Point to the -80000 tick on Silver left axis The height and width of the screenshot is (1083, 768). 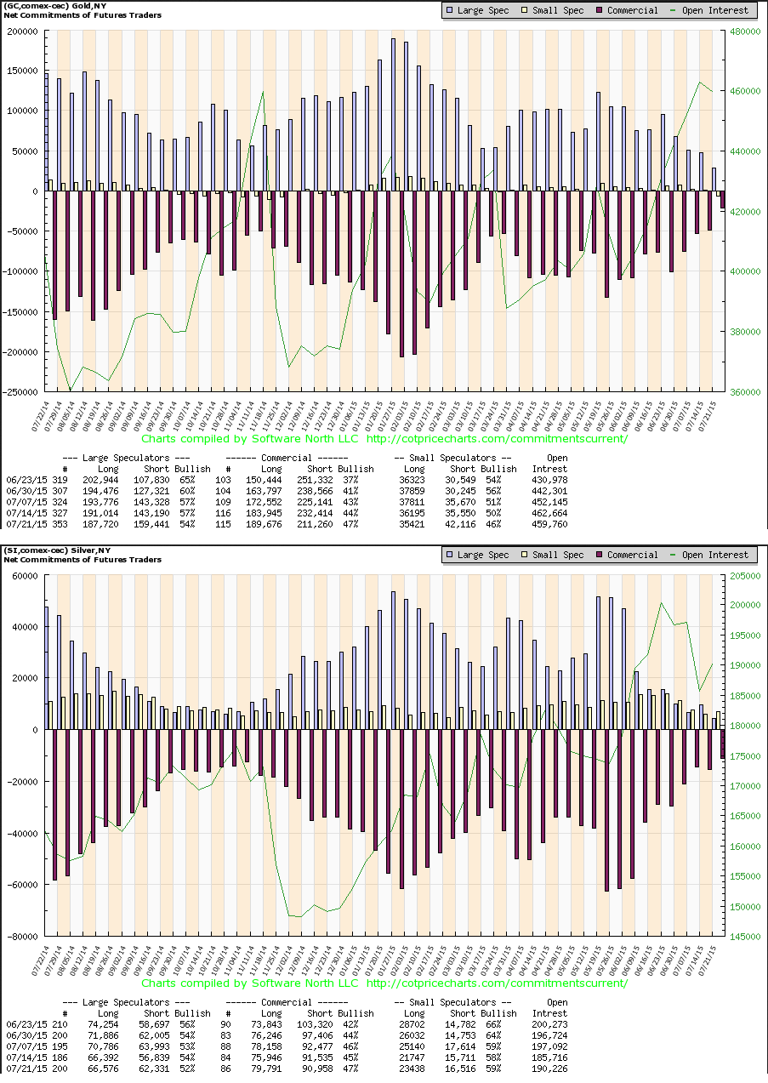23,936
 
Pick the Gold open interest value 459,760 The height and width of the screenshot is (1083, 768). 549,523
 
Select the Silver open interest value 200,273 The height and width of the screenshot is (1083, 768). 549,1024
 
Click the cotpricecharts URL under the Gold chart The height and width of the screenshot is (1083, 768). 497,438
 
